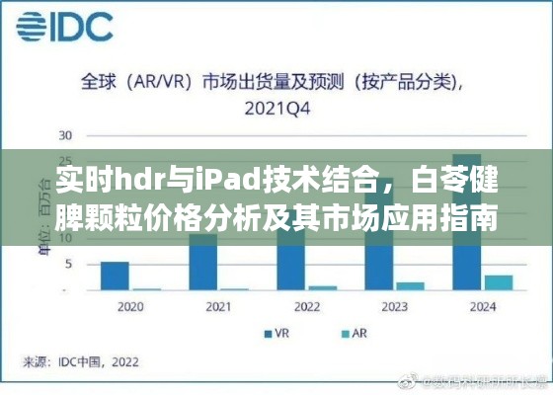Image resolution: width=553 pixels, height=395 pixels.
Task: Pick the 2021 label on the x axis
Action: (x=218, y=308)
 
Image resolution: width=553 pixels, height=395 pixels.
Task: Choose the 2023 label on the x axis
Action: (x=395, y=308)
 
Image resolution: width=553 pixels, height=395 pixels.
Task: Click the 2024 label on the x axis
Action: (x=483, y=308)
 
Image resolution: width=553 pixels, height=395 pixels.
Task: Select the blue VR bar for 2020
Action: (x=116, y=276)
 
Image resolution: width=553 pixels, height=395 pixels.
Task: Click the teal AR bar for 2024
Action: (x=499, y=282)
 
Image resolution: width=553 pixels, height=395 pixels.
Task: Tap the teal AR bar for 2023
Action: (x=410, y=286)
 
